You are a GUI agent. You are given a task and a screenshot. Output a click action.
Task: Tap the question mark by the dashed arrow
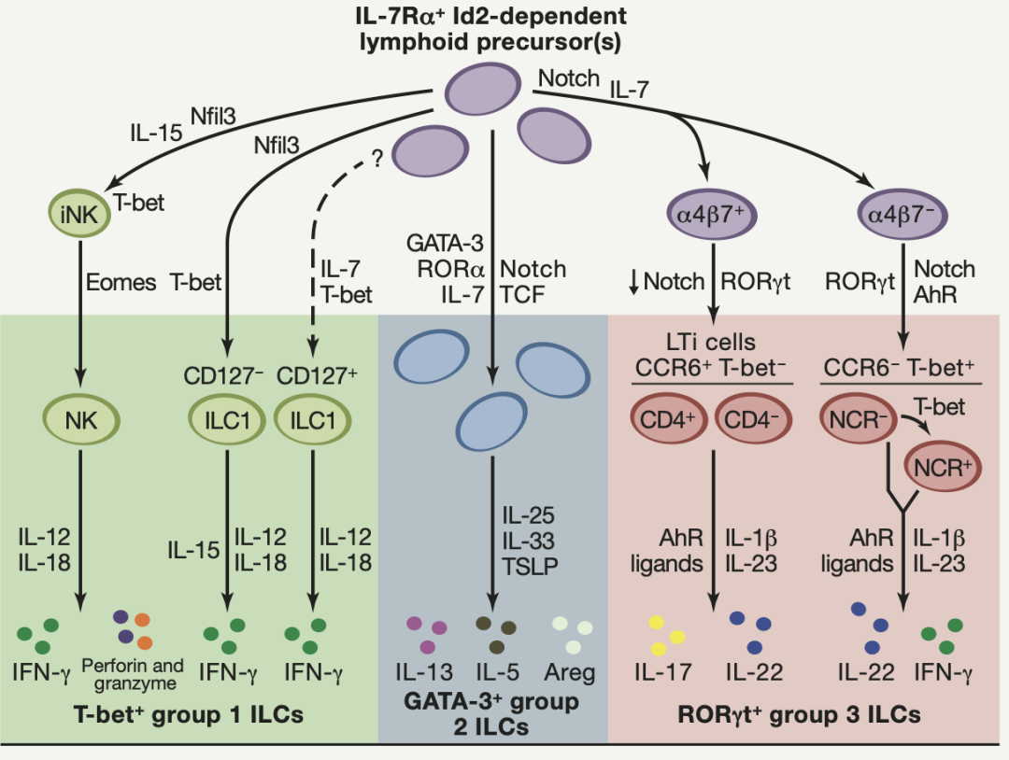(x=378, y=160)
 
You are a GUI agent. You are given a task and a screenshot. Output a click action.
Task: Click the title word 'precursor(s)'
(x=571, y=40)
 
